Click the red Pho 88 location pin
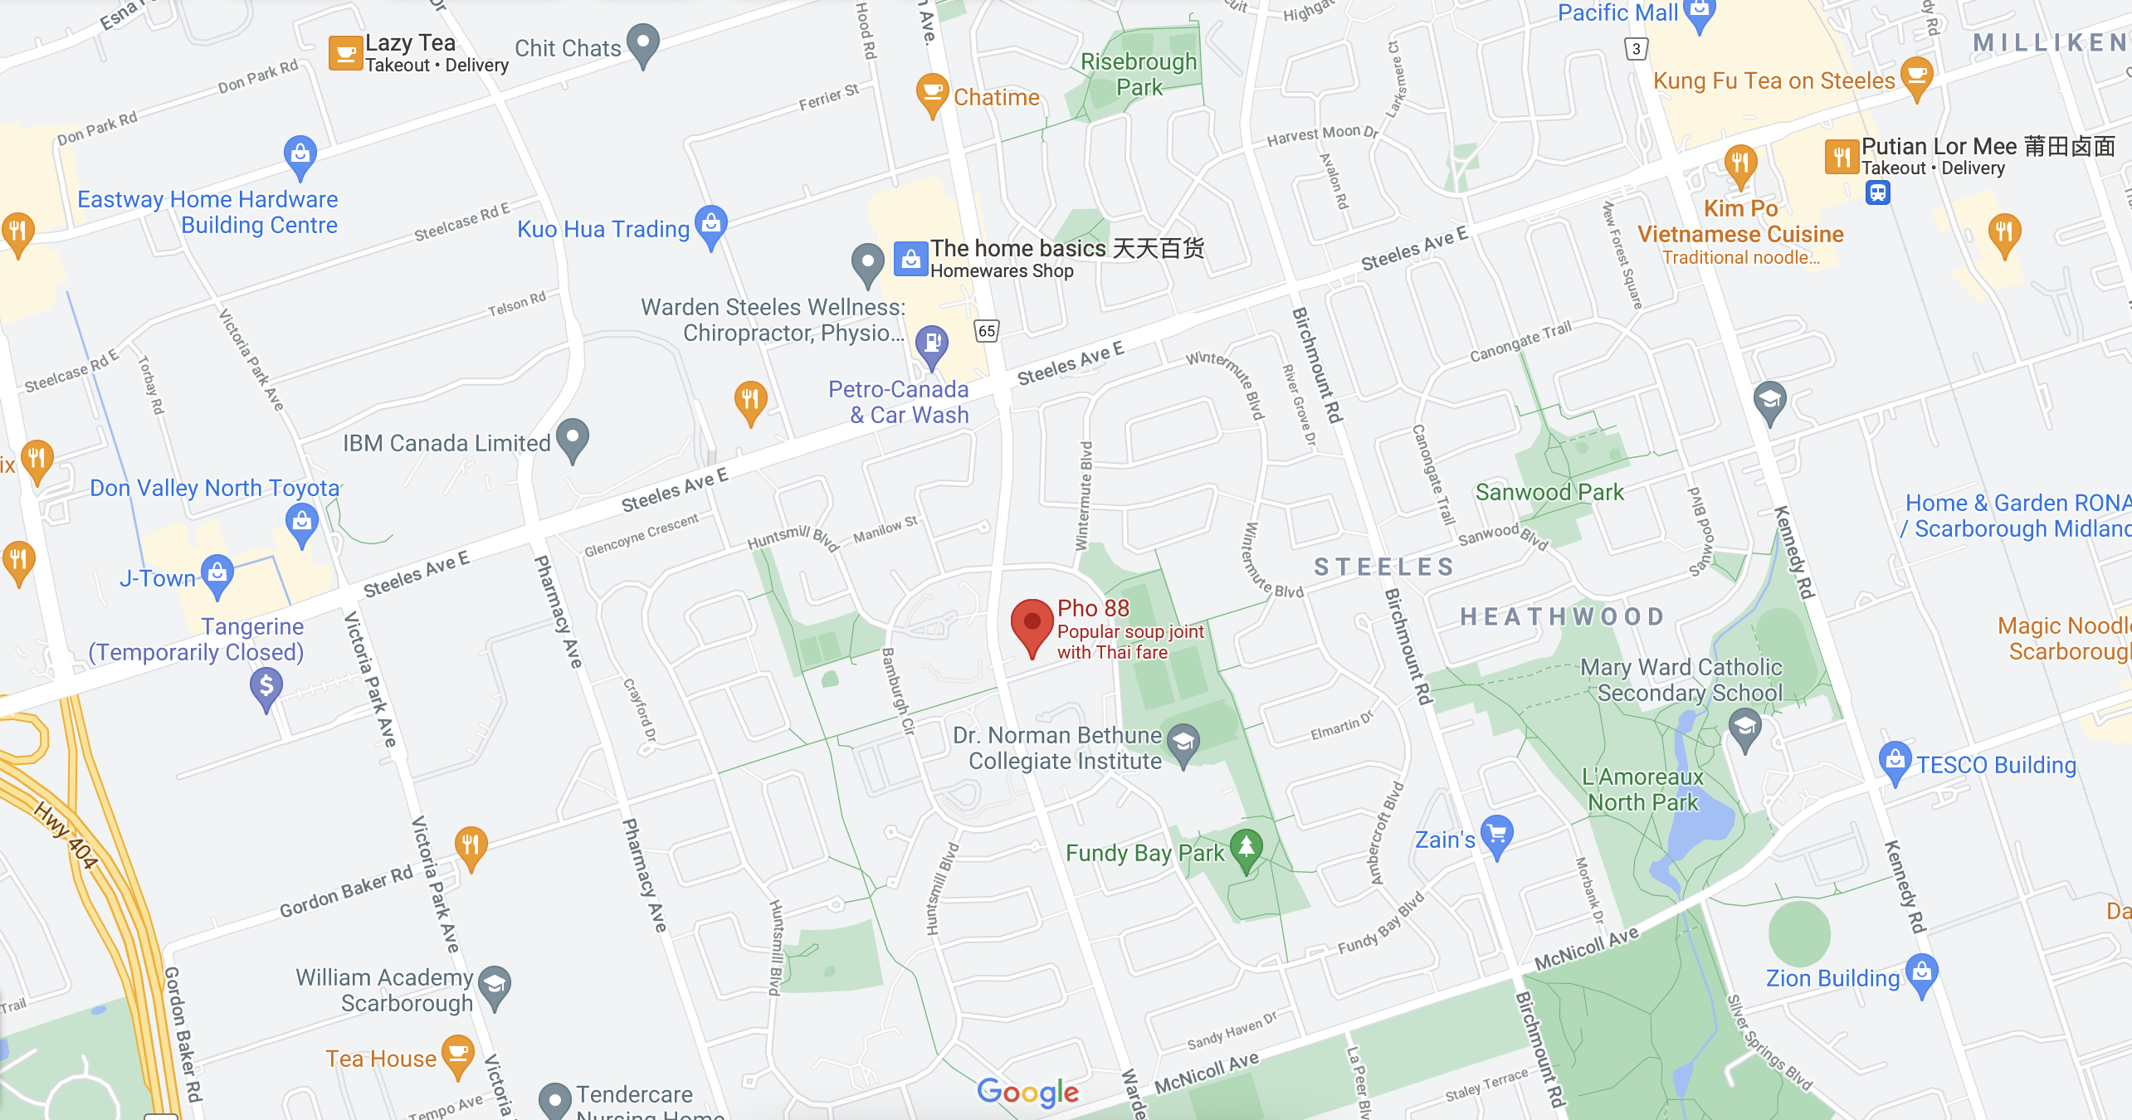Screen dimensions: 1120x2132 (1032, 625)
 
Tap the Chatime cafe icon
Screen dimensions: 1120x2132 (932, 93)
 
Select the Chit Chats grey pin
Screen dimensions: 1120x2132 (643, 43)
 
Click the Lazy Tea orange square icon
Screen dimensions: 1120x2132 (345, 53)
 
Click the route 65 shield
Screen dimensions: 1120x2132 (986, 331)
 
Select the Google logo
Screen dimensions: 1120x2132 (1027, 1093)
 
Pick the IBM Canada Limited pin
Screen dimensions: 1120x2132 (573, 438)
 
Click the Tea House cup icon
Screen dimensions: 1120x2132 (457, 1054)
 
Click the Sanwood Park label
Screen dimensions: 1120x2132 (1549, 492)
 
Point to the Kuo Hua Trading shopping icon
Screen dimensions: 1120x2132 (711, 225)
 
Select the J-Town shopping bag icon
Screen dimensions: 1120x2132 (217, 574)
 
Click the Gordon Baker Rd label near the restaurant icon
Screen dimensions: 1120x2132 (345, 892)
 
